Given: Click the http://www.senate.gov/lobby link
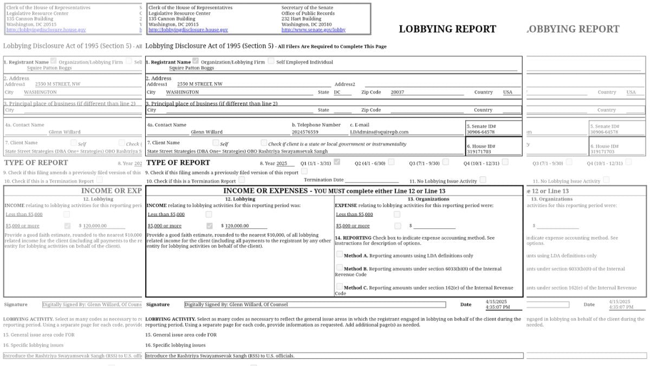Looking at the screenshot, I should click(x=313, y=30).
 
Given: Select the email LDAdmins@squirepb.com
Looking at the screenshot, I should click(x=379, y=132).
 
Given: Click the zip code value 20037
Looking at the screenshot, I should click(x=397, y=92).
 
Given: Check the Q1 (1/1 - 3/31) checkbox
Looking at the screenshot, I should click(x=337, y=162).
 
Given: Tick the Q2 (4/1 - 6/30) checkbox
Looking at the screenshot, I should click(x=391, y=162).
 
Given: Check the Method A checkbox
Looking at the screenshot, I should click(x=339, y=254).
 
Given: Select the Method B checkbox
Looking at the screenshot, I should click(x=339, y=267).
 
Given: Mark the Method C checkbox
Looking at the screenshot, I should click(x=339, y=286).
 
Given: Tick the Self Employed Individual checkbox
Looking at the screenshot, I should click(x=271, y=61).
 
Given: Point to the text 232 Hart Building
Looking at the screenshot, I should click(x=301, y=19).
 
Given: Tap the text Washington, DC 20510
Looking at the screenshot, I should click(x=306, y=24).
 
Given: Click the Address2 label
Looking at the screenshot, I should click(x=344, y=84).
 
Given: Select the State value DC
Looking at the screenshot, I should click(x=337, y=92).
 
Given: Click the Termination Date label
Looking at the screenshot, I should click(x=323, y=179).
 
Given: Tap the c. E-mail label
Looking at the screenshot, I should click(x=361, y=125).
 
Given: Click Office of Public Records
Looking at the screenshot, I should click(x=308, y=14).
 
